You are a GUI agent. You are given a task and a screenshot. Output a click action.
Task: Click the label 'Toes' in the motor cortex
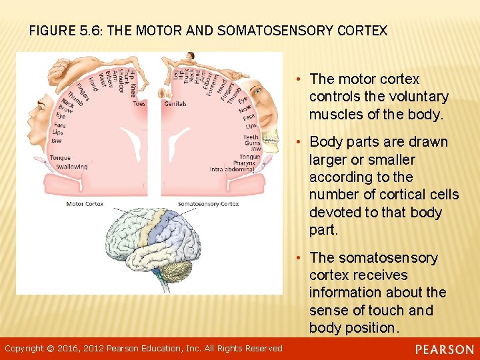(x=139, y=104)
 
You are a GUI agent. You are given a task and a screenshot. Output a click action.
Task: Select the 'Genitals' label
(x=175, y=104)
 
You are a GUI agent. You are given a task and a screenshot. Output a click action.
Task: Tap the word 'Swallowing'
(x=71, y=166)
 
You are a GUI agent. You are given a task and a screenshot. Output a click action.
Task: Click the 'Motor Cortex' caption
(x=85, y=203)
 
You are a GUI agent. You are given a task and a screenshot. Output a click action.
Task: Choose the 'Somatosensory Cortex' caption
(x=208, y=203)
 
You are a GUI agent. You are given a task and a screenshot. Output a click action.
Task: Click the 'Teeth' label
(x=251, y=137)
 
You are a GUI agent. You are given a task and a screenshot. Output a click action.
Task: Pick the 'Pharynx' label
(x=249, y=162)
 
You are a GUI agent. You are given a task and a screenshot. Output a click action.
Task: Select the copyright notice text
(x=143, y=349)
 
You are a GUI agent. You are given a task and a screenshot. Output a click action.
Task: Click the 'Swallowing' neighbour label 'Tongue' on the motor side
(x=60, y=158)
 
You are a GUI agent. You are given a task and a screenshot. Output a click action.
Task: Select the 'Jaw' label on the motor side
(x=58, y=141)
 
